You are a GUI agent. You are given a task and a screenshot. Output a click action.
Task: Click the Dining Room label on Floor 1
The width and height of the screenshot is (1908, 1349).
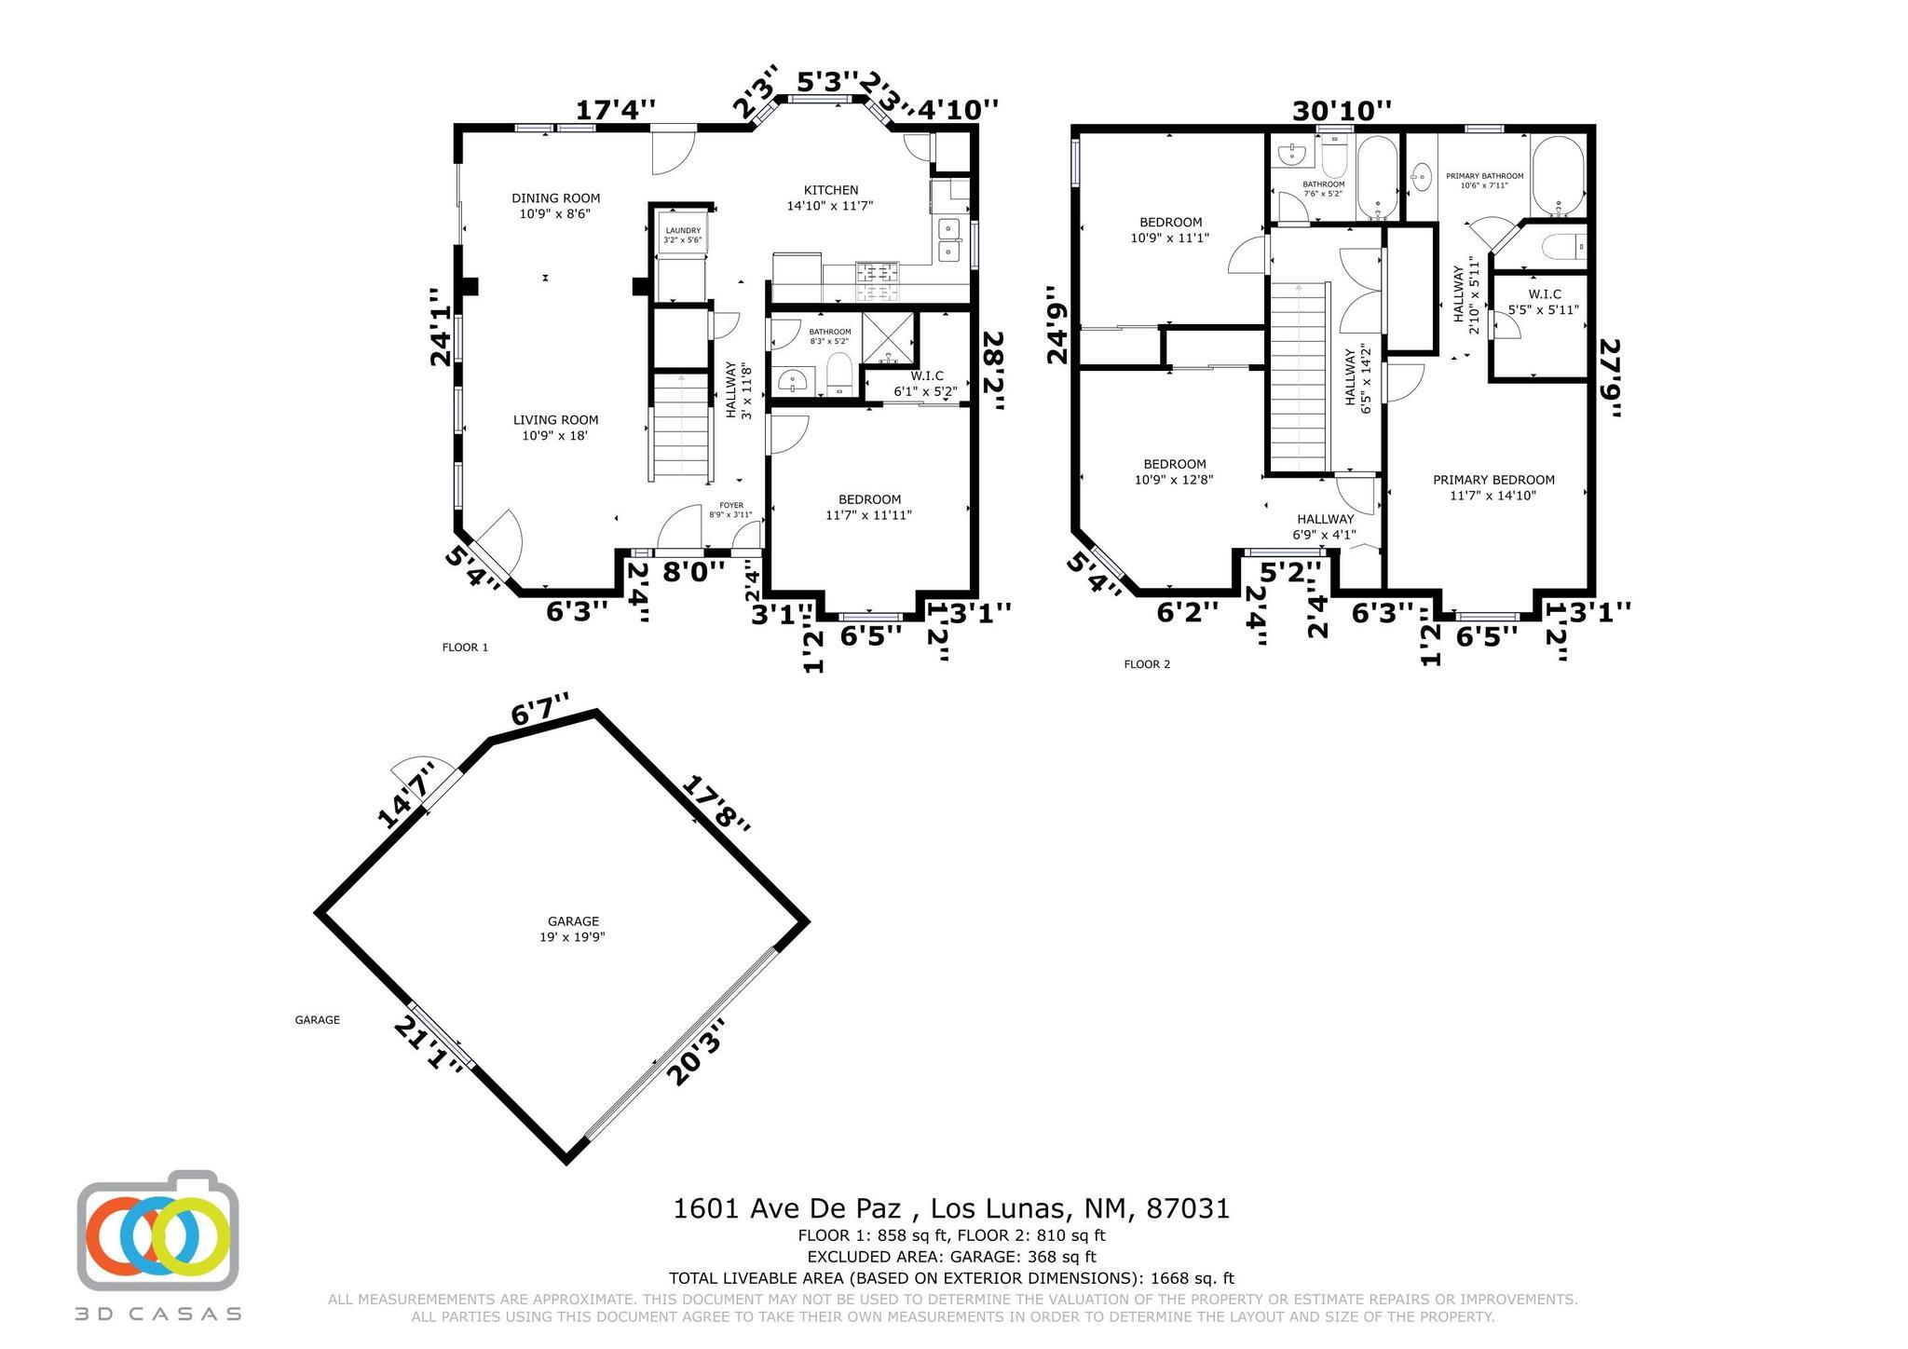[555, 205]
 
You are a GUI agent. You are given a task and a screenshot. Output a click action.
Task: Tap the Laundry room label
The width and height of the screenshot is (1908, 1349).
[682, 235]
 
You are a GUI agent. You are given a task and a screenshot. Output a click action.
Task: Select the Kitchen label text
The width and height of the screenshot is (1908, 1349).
[829, 198]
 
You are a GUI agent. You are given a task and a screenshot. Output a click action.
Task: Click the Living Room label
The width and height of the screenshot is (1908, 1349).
[555, 427]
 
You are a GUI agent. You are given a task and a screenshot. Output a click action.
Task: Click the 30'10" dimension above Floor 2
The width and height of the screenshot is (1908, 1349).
[1342, 111]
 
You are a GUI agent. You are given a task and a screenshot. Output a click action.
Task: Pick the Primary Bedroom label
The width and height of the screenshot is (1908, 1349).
[1492, 487]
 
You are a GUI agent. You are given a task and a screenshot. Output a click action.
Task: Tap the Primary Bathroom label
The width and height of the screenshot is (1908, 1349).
[1484, 180]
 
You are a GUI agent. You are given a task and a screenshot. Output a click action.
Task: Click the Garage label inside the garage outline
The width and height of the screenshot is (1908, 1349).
[572, 929]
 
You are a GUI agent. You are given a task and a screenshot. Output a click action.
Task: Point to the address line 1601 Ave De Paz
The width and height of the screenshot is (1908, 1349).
[951, 1208]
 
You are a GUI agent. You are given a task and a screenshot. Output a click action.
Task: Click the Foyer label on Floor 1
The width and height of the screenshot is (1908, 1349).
[730, 510]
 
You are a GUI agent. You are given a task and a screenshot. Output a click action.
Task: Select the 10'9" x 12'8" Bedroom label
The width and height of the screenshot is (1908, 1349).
[1174, 471]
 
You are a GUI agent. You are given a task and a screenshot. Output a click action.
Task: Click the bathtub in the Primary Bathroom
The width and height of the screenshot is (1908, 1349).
[1557, 176]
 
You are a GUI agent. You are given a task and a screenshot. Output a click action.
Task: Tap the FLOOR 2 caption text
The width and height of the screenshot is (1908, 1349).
[1146, 664]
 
